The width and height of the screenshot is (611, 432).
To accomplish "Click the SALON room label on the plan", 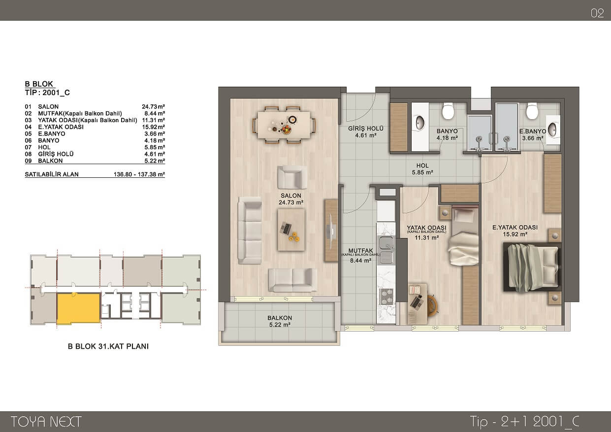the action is (291, 196).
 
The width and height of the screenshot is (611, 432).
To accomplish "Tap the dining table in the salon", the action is (284, 125).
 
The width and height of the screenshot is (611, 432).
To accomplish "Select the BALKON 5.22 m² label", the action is (280, 321).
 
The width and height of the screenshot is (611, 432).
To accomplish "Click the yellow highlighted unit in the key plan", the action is (78, 308).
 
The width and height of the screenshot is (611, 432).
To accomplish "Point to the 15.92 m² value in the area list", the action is (153, 127).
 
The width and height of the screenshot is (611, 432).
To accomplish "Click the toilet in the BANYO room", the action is (448, 111).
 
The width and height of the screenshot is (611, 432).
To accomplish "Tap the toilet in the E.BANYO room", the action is (532, 111).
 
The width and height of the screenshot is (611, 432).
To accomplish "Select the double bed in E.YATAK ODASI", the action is (532, 267).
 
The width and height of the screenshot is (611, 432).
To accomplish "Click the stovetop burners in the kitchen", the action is (386, 297).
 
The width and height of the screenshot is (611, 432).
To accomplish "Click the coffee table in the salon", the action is (291, 230).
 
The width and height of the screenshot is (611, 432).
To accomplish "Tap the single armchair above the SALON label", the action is (292, 177).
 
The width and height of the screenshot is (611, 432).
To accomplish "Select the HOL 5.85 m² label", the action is (422, 169).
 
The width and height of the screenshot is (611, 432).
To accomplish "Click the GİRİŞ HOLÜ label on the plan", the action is (366, 129).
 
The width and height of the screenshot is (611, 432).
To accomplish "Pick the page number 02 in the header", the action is (597, 13).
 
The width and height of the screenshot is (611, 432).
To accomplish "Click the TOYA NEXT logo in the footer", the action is (46, 422).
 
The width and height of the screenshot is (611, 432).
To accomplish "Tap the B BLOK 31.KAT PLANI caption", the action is (108, 346).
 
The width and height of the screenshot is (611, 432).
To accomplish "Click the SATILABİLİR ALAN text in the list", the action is (52, 174).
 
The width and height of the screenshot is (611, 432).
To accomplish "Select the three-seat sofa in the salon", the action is (250, 231).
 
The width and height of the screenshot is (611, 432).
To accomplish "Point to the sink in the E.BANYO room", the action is (553, 130).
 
